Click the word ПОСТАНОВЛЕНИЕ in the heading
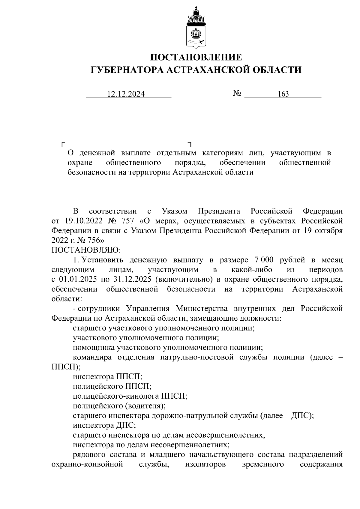coord(196,57)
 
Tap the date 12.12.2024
coord(126,94)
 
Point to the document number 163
coord(283,94)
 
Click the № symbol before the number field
coord(237,94)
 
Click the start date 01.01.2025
coord(78,279)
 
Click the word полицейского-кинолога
coord(115,396)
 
